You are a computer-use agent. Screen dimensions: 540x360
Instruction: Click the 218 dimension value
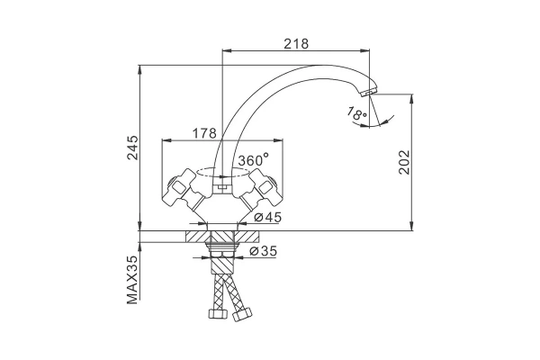(296, 44)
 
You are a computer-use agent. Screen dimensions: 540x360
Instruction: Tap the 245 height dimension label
(132, 148)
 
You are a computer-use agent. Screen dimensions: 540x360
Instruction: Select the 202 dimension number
(404, 162)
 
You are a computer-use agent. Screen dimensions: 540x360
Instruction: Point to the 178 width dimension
(204, 133)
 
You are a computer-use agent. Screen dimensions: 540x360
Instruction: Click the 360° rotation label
(254, 159)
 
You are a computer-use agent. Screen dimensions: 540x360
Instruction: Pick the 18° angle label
(356, 113)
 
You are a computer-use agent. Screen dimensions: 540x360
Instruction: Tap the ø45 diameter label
(268, 217)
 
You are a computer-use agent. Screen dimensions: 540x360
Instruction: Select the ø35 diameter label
(263, 251)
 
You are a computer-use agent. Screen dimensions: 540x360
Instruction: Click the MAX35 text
(132, 280)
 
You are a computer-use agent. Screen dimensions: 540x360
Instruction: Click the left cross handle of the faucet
(182, 187)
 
